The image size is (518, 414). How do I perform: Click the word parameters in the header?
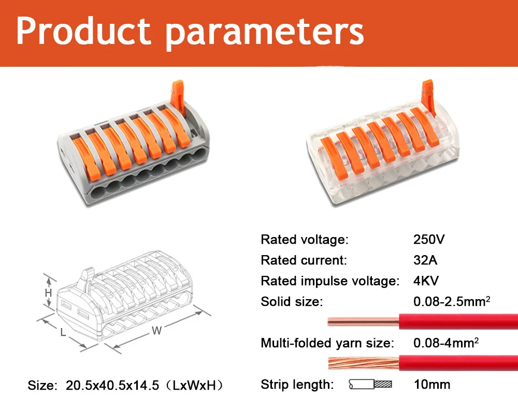click(265, 32)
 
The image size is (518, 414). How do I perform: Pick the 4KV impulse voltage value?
click(426, 281)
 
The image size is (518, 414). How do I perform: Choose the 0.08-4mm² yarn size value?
click(446, 343)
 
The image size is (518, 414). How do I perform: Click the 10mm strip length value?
click(432, 385)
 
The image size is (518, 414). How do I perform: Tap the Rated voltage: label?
click(305, 240)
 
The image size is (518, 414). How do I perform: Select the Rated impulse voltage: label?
click(330, 281)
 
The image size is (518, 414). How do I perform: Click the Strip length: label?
click(297, 385)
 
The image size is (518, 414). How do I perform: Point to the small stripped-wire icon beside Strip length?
click(370, 385)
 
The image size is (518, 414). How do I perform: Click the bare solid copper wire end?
click(363, 321)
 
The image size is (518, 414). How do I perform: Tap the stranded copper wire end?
click(363, 362)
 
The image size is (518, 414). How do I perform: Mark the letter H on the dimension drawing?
click(48, 293)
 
